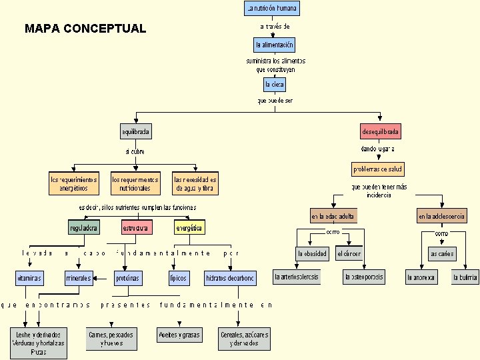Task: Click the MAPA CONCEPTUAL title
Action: [85, 29]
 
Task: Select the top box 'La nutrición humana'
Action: [271, 9]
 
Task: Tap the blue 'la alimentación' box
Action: [274, 45]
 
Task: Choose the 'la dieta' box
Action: [275, 85]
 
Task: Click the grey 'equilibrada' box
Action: [135, 131]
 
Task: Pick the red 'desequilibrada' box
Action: [381, 131]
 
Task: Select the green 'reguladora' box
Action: [84, 227]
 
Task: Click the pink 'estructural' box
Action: [137, 227]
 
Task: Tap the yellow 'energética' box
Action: [189, 227]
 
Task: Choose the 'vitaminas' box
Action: [30, 277]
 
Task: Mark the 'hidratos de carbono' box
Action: [230, 278]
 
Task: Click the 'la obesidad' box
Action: [312, 253]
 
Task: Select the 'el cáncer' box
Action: [349, 253]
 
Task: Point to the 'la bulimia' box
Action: [465, 277]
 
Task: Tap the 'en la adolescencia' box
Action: [442, 216]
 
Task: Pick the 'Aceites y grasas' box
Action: [179, 335]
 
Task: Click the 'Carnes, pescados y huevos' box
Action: [112, 339]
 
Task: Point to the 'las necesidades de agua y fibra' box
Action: [195, 183]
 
